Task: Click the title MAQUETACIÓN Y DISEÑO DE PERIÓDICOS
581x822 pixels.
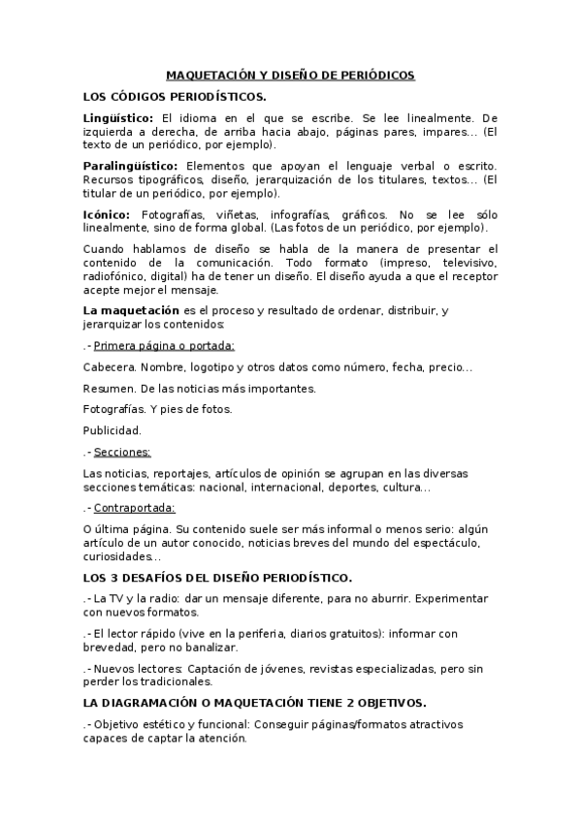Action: pyautogui.click(x=290, y=75)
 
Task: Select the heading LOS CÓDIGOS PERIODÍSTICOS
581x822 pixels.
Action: pyautogui.click(x=176, y=96)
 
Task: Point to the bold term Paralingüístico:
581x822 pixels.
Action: pyautogui.click(x=130, y=166)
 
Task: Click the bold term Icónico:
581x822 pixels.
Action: pyautogui.click(x=107, y=214)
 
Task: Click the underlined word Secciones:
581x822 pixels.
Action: pyautogui.click(x=122, y=452)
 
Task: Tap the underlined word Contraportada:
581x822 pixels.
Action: pyautogui.click(x=135, y=507)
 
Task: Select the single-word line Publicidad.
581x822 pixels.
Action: pyautogui.click(x=113, y=430)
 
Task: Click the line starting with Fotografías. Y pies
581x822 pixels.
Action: pyautogui.click(x=157, y=409)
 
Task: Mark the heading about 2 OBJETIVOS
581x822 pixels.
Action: pyautogui.click(x=255, y=702)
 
